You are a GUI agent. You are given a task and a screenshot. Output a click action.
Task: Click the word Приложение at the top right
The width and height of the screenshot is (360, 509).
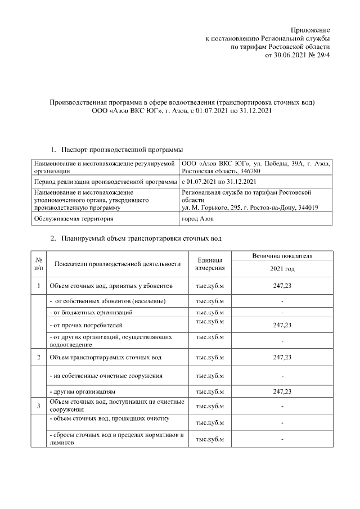point(310,29)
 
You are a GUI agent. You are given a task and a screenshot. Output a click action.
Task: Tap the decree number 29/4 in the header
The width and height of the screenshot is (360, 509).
point(323,56)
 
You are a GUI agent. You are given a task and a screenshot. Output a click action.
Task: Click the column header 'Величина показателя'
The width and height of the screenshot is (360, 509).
point(282,256)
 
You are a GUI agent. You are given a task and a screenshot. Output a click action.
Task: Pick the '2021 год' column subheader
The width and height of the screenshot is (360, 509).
point(282,269)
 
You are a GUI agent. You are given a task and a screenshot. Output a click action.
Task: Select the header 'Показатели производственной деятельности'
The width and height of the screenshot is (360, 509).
point(117,263)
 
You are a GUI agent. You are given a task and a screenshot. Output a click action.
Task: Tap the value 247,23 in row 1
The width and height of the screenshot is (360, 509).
point(282,286)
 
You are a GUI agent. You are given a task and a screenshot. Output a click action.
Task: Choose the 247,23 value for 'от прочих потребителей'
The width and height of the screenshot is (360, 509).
point(282,325)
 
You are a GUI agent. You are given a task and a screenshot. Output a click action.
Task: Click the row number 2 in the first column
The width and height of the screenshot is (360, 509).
point(38,357)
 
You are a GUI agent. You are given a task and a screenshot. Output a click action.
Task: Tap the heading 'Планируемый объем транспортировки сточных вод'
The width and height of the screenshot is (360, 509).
point(142,238)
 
